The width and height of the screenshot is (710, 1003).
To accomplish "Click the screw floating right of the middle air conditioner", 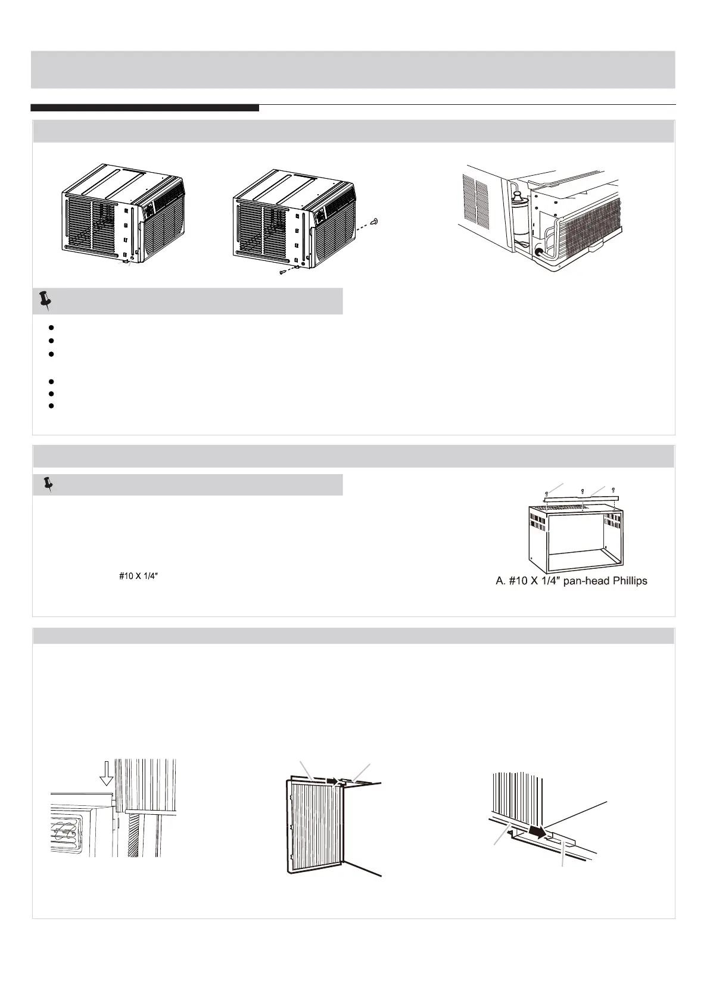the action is point(374,221).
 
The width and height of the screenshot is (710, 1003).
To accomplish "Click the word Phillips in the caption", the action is point(625,581).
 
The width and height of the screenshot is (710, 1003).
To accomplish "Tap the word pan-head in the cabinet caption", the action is point(577,581).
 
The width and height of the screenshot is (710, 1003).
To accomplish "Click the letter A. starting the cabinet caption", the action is point(501,581).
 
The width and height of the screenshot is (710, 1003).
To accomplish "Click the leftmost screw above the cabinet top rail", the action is point(547,493).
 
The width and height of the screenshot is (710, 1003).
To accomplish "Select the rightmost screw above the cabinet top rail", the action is point(613,490).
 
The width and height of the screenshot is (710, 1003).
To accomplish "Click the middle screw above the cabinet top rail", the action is point(581,491).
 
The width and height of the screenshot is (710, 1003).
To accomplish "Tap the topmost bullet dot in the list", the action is point(52,327).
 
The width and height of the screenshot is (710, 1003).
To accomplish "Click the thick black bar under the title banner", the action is point(145,108).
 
